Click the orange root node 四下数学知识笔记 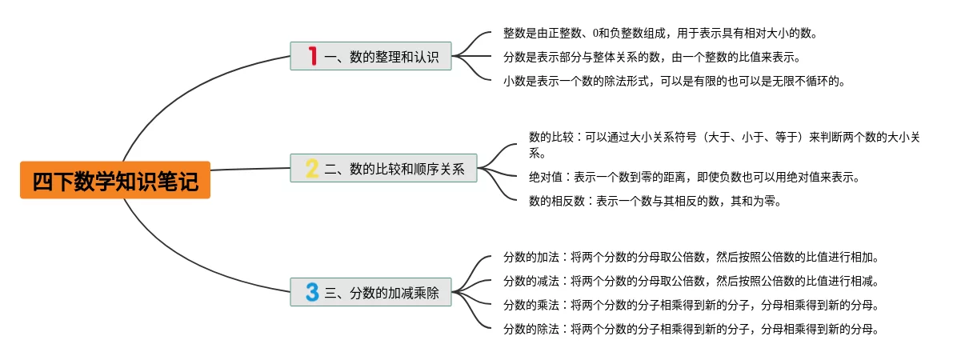(x=115, y=181)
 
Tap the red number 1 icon (x=313, y=56)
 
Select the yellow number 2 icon (x=312, y=169)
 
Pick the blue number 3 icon (x=312, y=292)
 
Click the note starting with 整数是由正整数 (x=659, y=34)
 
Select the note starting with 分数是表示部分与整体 (x=651, y=58)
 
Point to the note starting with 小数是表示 (x=674, y=81)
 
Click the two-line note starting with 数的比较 (x=724, y=145)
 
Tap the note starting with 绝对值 (x=694, y=177)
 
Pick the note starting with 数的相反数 (x=655, y=201)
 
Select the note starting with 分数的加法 (x=691, y=258)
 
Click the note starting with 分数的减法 (x=691, y=281)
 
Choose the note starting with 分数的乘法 (x=691, y=305)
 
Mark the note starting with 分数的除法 (x=691, y=329)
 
